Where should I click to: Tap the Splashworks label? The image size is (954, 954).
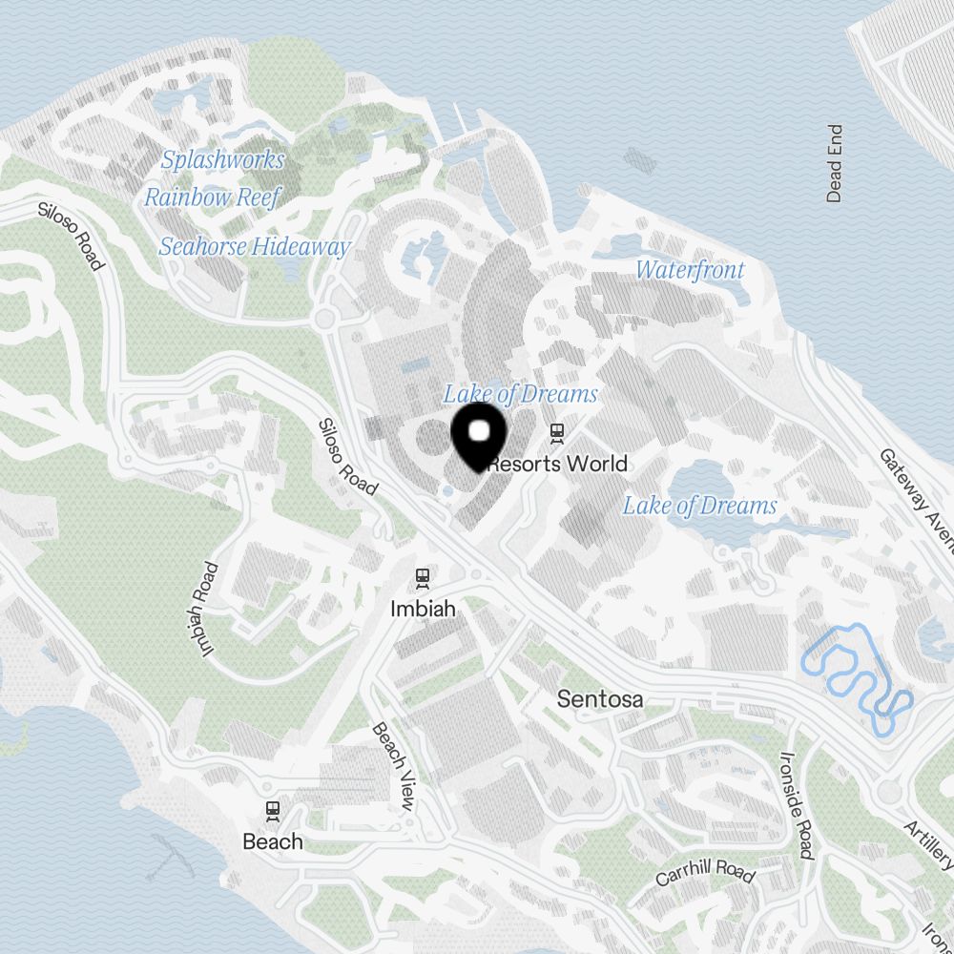(x=222, y=159)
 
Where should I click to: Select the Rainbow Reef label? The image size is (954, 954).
(x=213, y=197)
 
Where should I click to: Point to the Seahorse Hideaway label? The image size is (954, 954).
(x=254, y=247)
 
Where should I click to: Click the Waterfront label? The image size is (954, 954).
(x=690, y=270)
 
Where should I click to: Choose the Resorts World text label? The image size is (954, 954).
(x=558, y=465)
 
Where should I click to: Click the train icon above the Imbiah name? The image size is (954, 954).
(x=422, y=577)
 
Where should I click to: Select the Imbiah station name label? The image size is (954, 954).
(x=421, y=608)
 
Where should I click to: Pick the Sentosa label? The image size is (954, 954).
(x=599, y=699)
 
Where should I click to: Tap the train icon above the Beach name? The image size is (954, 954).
(x=273, y=811)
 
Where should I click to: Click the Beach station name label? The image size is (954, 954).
(x=273, y=841)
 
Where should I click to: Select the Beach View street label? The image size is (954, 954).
(x=393, y=767)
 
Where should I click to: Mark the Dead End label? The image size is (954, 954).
(x=835, y=163)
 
